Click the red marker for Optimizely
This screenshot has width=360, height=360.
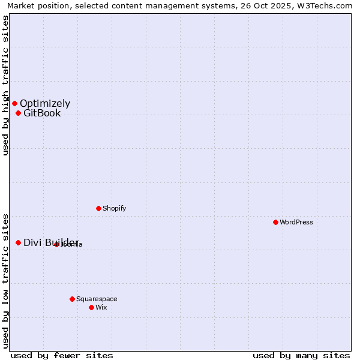14,103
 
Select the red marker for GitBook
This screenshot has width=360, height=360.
18,113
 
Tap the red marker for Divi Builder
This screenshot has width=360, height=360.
18,242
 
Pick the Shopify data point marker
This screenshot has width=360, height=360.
98,208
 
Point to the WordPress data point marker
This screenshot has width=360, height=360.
275,222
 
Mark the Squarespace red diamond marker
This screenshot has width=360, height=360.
72,299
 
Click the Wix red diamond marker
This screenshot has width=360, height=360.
91,307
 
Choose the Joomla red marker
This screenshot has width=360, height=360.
56,244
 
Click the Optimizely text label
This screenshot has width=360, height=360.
45,103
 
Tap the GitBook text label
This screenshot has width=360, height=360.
42,113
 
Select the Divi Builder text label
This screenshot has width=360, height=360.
51,242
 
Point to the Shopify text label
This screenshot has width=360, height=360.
115,208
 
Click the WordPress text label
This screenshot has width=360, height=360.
296,222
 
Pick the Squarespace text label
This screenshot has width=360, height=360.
97,299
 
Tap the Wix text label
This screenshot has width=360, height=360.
101,307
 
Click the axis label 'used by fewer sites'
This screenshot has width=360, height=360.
62,355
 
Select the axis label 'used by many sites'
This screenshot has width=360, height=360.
301,355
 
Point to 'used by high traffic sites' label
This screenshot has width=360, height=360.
5,85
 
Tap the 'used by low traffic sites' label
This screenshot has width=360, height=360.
5,281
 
